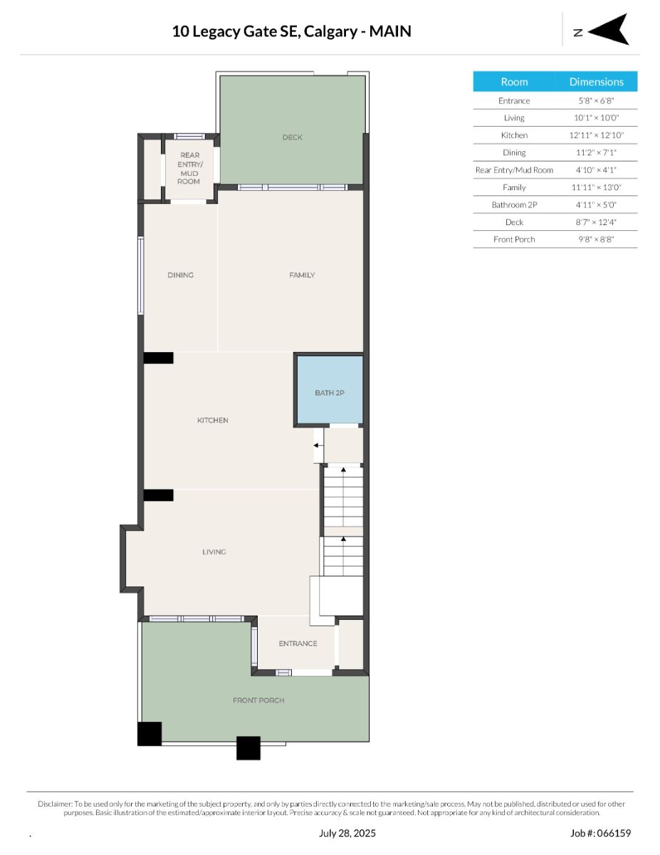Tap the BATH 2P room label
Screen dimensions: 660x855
coord(330,393)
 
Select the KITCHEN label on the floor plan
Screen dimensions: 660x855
coord(213,420)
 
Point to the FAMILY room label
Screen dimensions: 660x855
coord(302,275)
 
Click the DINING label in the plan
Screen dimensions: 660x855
coord(180,275)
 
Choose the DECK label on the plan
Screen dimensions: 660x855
coord(293,138)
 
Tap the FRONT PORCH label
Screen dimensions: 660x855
coord(258,700)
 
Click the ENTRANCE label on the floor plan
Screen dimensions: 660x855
coord(298,643)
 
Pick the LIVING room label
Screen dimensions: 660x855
coord(214,551)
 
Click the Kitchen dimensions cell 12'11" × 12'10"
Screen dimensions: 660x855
coord(596,135)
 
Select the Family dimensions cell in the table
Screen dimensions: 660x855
coord(596,187)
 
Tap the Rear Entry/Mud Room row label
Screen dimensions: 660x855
coord(514,170)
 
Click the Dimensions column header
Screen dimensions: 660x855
coord(597,82)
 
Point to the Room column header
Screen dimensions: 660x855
coord(514,82)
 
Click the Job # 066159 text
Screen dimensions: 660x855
coord(600,833)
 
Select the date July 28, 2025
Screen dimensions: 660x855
coord(347,833)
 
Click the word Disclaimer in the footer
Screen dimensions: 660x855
coord(55,804)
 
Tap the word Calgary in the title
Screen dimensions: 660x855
coord(330,31)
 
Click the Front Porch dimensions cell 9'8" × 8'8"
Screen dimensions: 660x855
coord(596,239)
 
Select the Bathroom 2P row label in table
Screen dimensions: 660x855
coord(514,204)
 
